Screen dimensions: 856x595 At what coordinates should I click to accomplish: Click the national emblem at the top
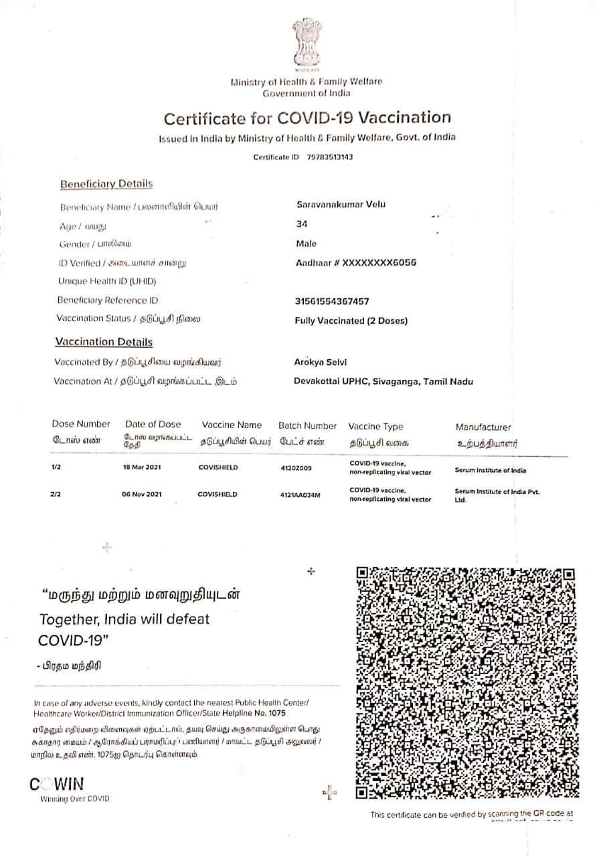coord(307,45)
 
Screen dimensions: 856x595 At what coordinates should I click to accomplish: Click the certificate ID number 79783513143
coord(330,157)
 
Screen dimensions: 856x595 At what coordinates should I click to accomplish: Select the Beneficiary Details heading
coord(106,184)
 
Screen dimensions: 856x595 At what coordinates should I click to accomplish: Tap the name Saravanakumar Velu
coord(341,205)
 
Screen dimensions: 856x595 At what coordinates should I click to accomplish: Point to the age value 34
coord(301,224)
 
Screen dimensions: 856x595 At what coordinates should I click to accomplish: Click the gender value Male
coord(307,243)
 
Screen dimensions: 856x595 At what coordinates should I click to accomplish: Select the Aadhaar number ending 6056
coord(356,263)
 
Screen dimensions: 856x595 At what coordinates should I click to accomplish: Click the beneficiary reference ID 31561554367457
coord(332,302)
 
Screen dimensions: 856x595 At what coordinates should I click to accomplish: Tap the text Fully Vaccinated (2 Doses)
coord(351,320)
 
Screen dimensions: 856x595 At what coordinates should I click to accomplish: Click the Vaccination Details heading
coord(104,342)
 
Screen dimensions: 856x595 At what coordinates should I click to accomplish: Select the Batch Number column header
coord(307,425)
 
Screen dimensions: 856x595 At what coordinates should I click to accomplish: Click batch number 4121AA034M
coord(301,495)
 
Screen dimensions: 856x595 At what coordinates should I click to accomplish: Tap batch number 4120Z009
coord(296,467)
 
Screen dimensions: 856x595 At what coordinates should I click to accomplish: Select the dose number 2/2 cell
coord(56,494)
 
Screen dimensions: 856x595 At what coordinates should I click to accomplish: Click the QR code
coord(466,682)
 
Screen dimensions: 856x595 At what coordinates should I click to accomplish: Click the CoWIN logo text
coord(58,784)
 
